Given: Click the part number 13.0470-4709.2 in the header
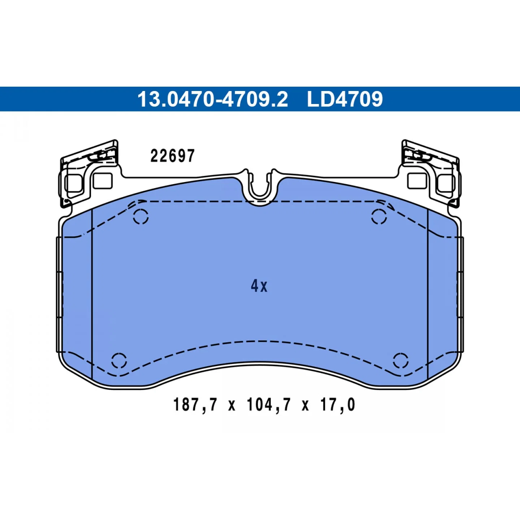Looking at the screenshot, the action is pos(213,99).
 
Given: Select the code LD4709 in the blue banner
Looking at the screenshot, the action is pos(345,99).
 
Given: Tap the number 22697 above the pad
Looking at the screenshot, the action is pos(173,156).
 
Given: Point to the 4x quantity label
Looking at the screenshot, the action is pos(259,286).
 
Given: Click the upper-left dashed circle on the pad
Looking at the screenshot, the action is pos(140,217).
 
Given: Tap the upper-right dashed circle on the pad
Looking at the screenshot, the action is pos(379,217).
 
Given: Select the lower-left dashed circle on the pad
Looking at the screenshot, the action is pos(119,360).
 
